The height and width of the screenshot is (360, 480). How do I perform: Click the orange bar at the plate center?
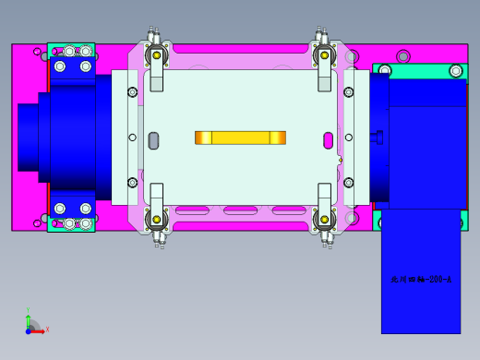click(x=240, y=138)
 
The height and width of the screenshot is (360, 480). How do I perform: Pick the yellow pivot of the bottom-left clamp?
click(x=157, y=220)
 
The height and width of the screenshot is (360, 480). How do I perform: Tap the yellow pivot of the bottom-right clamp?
click(x=324, y=220)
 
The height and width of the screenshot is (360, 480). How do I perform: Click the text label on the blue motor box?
click(x=421, y=277)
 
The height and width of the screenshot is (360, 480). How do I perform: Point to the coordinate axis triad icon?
click(x=32, y=324)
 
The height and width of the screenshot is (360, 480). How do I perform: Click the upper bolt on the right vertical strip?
click(x=348, y=92)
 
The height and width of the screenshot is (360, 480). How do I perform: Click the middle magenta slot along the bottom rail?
click(x=240, y=211)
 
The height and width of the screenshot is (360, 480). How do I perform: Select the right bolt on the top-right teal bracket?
click(x=454, y=70)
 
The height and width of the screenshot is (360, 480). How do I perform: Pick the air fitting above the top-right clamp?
click(x=323, y=36)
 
